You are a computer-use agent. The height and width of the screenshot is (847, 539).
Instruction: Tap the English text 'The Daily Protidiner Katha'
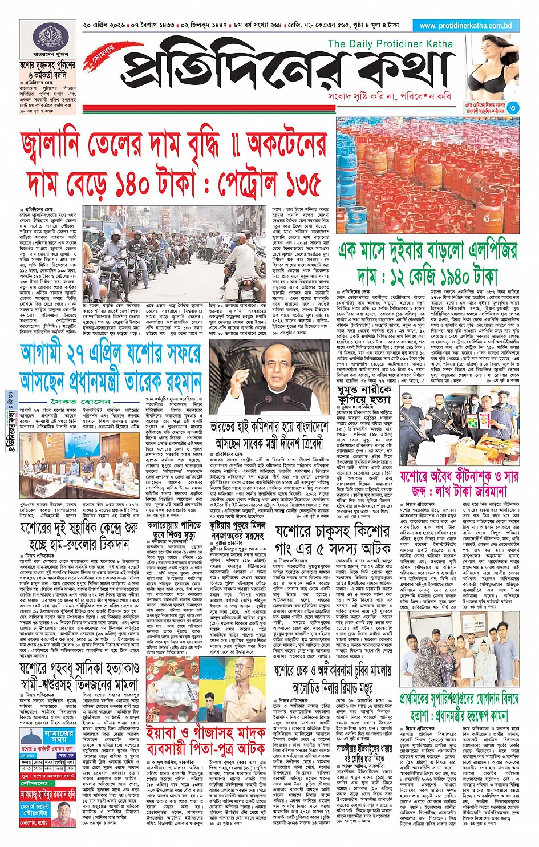(x=390, y=44)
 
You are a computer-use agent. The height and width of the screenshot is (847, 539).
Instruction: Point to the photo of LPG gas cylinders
(x=428, y=183)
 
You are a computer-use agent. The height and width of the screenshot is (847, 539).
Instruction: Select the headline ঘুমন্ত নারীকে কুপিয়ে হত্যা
(x=364, y=395)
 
